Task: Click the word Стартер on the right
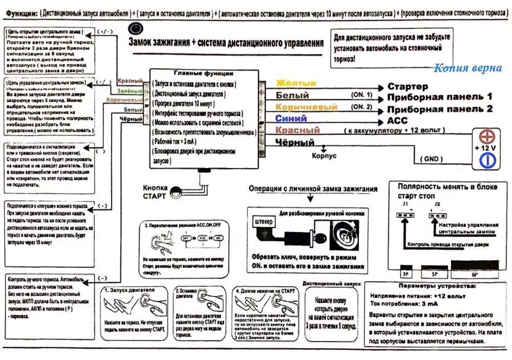click(408, 86)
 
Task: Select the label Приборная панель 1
click(439, 97)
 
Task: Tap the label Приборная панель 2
click(439, 109)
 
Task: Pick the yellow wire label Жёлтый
click(296, 83)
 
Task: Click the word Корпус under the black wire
click(324, 155)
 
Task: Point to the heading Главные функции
click(203, 73)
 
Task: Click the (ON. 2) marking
click(361, 107)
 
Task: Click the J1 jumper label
click(405, 204)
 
